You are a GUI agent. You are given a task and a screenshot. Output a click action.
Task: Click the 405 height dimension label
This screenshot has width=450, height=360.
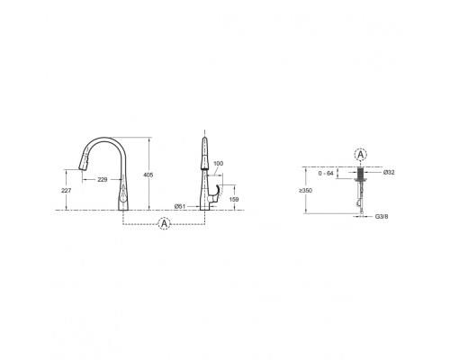(x=148, y=175)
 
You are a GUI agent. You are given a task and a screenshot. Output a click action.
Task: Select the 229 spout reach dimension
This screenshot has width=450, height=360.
(x=103, y=180)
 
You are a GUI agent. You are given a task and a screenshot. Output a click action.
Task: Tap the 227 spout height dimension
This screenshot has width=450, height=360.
(x=66, y=190)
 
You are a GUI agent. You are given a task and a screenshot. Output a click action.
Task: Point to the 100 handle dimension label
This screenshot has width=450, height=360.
(x=219, y=164)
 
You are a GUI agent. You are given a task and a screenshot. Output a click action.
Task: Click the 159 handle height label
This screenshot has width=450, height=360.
(x=234, y=199)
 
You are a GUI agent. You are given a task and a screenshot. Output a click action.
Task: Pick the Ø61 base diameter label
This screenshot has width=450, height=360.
(x=180, y=206)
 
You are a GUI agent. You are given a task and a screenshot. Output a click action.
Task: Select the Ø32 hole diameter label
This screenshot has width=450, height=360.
(x=389, y=172)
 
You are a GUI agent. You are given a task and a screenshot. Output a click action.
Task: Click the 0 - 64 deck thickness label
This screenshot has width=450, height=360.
(x=326, y=174)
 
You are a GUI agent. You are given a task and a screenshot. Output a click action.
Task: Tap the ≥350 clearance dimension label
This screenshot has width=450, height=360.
(x=305, y=190)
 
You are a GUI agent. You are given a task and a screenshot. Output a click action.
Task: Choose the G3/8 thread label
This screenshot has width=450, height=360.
(x=382, y=216)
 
